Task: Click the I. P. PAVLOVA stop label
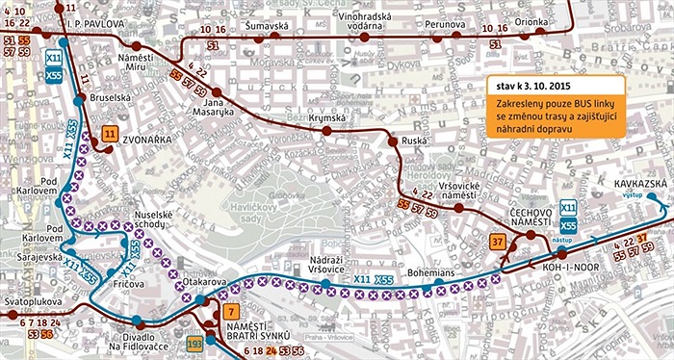97,20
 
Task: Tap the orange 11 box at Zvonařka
111,134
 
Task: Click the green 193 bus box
195,343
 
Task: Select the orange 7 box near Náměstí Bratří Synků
229,311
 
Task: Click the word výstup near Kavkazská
633,194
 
